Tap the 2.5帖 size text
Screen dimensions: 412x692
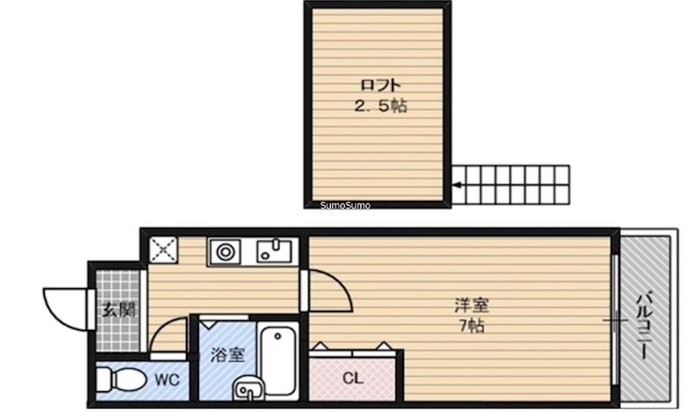click(378, 106)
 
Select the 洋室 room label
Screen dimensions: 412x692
click(471, 306)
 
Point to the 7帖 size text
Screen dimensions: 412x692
click(471, 326)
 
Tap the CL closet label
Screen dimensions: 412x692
click(352, 378)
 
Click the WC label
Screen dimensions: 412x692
click(167, 378)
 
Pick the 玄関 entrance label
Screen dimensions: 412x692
click(119, 309)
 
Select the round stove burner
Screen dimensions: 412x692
click(226, 252)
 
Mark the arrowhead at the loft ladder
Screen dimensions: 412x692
click(458, 184)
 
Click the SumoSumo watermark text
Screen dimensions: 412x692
click(345, 205)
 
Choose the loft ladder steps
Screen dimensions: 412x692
click(514, 184)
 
